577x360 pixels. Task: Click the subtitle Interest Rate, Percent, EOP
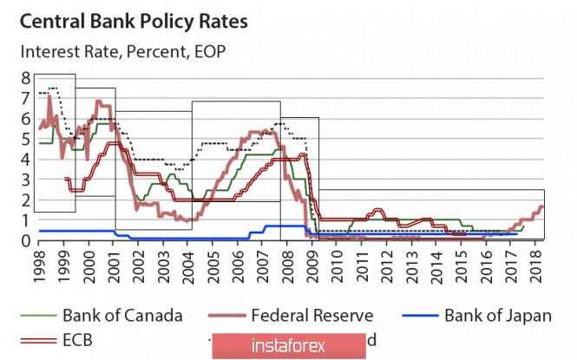click(122, 51)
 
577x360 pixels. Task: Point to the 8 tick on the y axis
click(26, 78)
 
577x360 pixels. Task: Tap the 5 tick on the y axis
click(26, 139)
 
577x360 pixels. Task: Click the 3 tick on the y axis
click(26, 180)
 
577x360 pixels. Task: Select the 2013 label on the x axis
click(415, 265)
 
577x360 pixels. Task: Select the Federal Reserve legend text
click(311, 314)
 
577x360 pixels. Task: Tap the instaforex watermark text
click(289, 346)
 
